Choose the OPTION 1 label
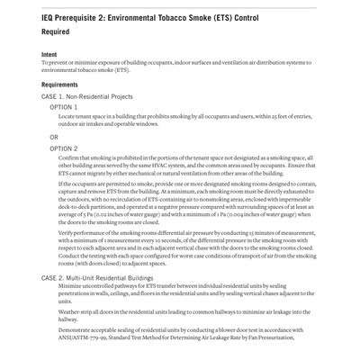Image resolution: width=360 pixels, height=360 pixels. point(63,107)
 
